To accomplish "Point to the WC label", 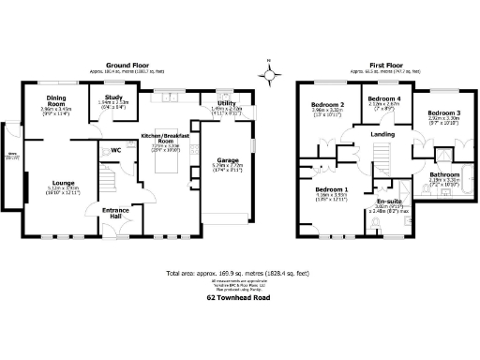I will click(116, 150).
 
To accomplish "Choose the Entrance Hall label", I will click(117, 215).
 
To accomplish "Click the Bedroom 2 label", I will click(330, 104).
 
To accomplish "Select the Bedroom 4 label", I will click(383, 98).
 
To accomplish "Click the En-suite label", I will click(389, 201).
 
